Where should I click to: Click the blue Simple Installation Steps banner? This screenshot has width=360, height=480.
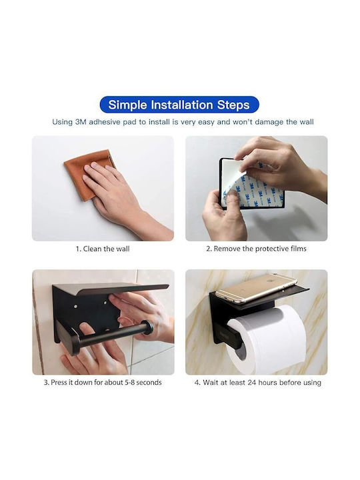(x=179, y=105)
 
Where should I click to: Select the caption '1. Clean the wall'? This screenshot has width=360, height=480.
(x=103, y=249)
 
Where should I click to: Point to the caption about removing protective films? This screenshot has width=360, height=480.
(x=256, y=249)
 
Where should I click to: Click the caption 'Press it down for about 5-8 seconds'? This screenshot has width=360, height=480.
(x=106, y=383)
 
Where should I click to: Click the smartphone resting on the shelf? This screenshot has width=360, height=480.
(x=256, y=288)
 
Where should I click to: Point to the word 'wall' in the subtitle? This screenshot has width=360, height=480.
(x=307, y=122)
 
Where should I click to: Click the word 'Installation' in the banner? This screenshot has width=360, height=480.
(x=182, y=105)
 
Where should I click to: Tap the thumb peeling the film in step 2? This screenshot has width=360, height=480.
(x=233, y=199)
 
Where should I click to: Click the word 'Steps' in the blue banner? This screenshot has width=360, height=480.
(x=233, y=105)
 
